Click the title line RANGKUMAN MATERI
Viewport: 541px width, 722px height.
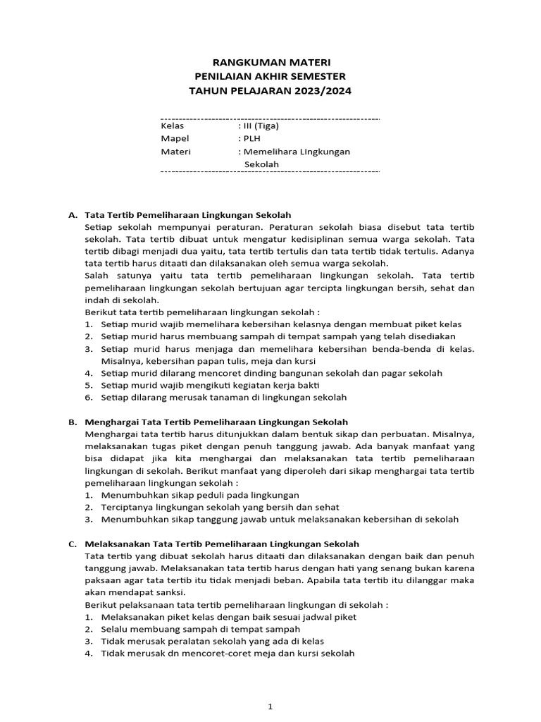pos(271,63)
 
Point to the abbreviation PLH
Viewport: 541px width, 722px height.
pos(252,138)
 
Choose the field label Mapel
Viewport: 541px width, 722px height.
pos(175,138)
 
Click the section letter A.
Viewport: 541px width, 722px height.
pos(72,214)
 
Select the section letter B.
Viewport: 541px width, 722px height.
pos(72,422)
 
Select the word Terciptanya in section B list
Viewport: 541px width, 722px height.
pos(126,507)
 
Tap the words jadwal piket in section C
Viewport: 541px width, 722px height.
pos(330,617)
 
